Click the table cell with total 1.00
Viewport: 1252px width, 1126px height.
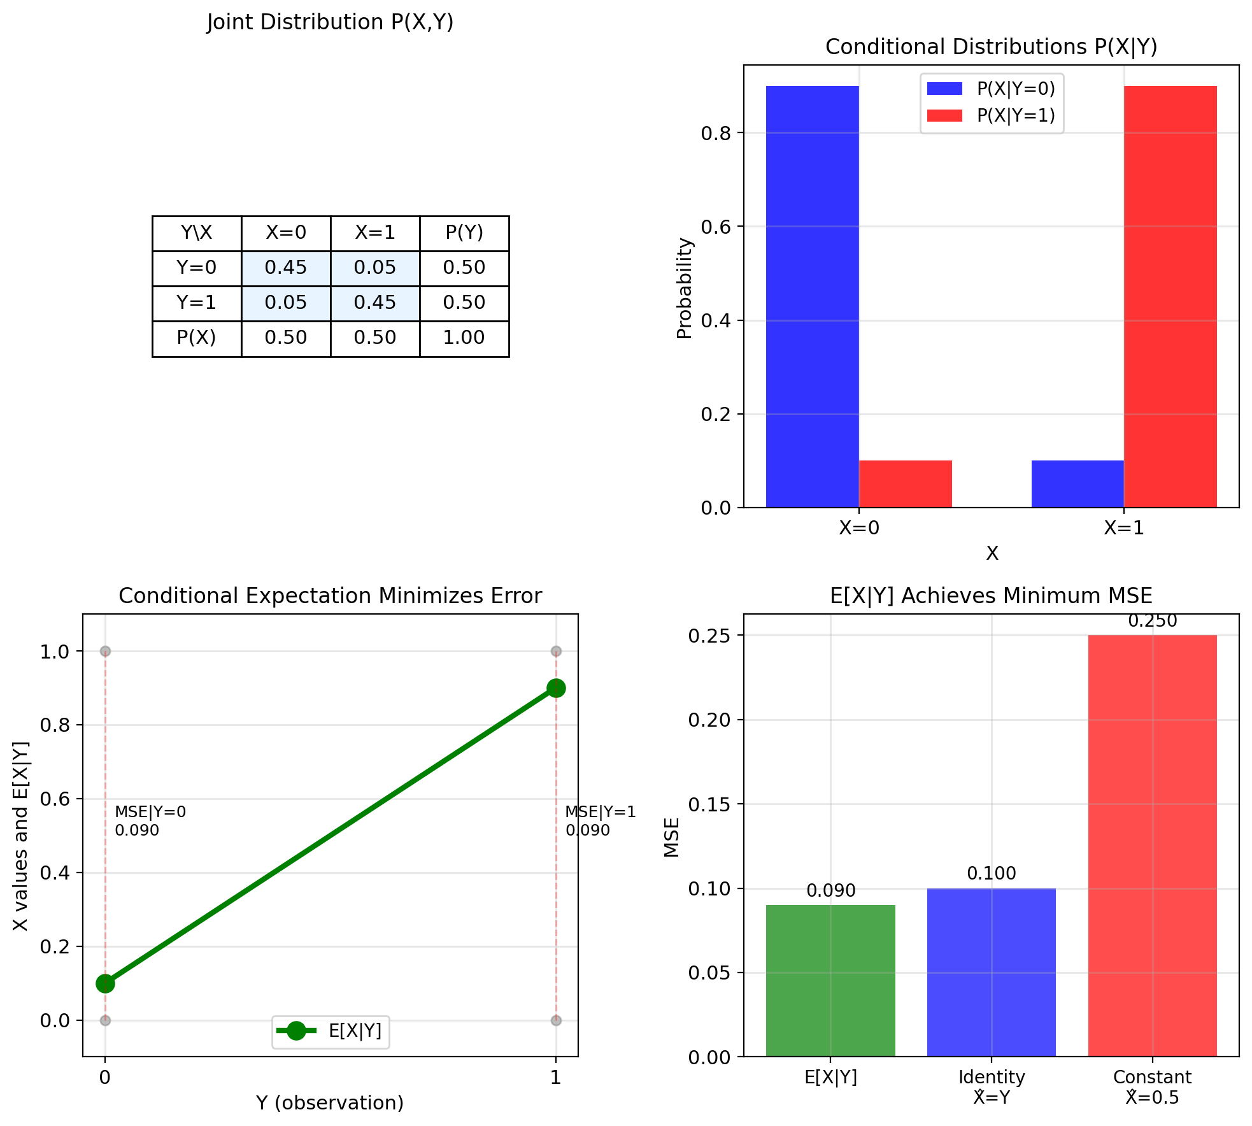click(x=464, y=338)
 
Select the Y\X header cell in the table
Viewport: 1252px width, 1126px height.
click(x=197, y=232)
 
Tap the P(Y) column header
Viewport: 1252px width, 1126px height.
click(x=464, y=232)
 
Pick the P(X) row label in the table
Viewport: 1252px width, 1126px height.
click(x=197, y=338)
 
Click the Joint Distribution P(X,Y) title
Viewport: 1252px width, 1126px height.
click(x=330, y=22)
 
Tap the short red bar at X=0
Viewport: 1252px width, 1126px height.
click(x=905, y=483)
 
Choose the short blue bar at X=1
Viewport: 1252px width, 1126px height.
click(x=1078, y=483)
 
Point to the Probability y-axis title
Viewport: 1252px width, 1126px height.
click(x=685, y=288)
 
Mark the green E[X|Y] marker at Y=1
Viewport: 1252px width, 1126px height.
click(x=556, y=688)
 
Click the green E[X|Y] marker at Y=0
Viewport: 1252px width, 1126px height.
click(x=105, y=983)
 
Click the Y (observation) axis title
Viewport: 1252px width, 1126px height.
click(x=330, y=1103)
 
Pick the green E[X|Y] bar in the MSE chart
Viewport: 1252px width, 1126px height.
click(x=830, y=980)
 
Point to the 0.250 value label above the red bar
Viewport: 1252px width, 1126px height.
click(x=1153, y=621)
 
